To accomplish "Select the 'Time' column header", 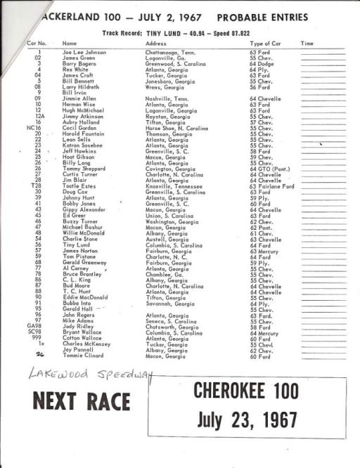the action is click(307, 44).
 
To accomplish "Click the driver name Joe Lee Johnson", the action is click(84, 52).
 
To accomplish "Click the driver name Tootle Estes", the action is click(81, 186).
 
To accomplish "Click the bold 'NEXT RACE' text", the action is click(82, 401).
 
